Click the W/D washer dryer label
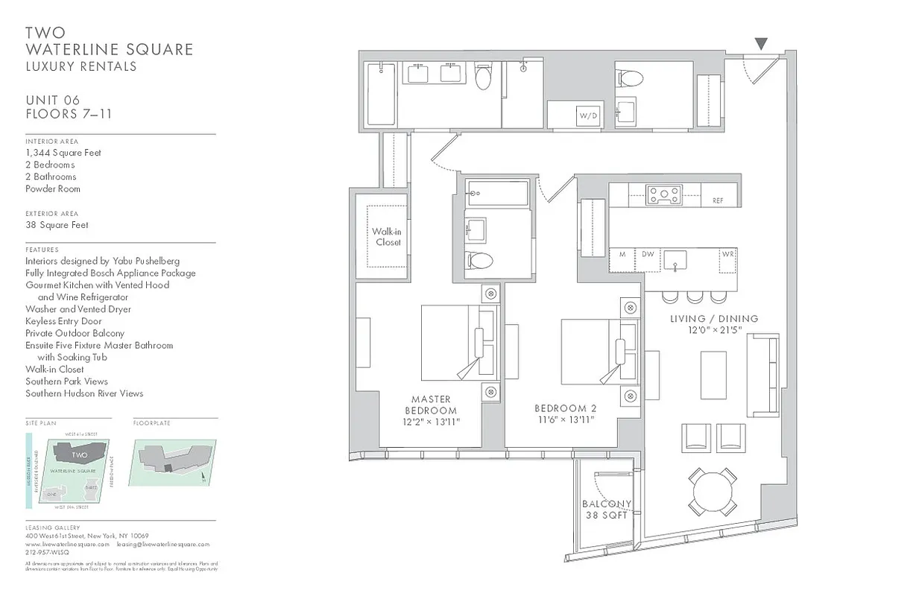pyautogui.click(x=589, y=115)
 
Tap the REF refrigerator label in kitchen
pyautogui.click(x=718, y=200)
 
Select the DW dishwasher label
pyautogui.click(x=648, y=254)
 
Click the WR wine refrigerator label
pyautogui.click(x=727, y=254)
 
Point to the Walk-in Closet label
pyautogui.click(x=387, y=237)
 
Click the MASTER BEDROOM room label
pyautogui.click(x=431, y=410)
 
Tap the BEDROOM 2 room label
pyautogui.click(x=566, y=414)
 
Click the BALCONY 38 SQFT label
pyautogui.click(x=607, y=510)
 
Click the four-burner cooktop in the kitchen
pyautogui.click(x=664, y=194)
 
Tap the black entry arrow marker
pyautogui.click(x=760, y=44)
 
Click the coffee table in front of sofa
pyautogui.click(x=713, y=375)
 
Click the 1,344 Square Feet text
pyautogui.click(x=63, y=153)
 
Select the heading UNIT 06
pyautogui.click(x=52, y=101)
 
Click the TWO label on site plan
pyautogui.click(x=80, y=454)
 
